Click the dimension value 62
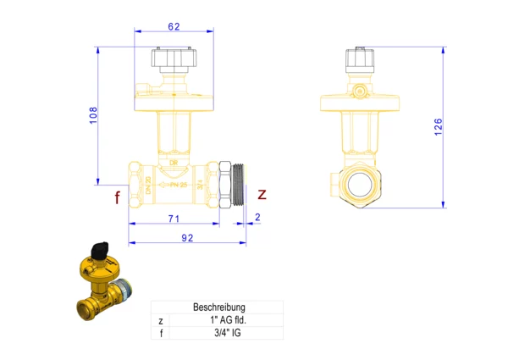tap(174, 26)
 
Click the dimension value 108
tap(93, 116)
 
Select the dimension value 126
tap(438, 126)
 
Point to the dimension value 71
tap(174, 219)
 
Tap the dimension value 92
tap(188, 238)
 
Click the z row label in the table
tap(160, 320)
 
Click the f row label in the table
tap(160, 333)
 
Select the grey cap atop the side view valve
tap(359, 58)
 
